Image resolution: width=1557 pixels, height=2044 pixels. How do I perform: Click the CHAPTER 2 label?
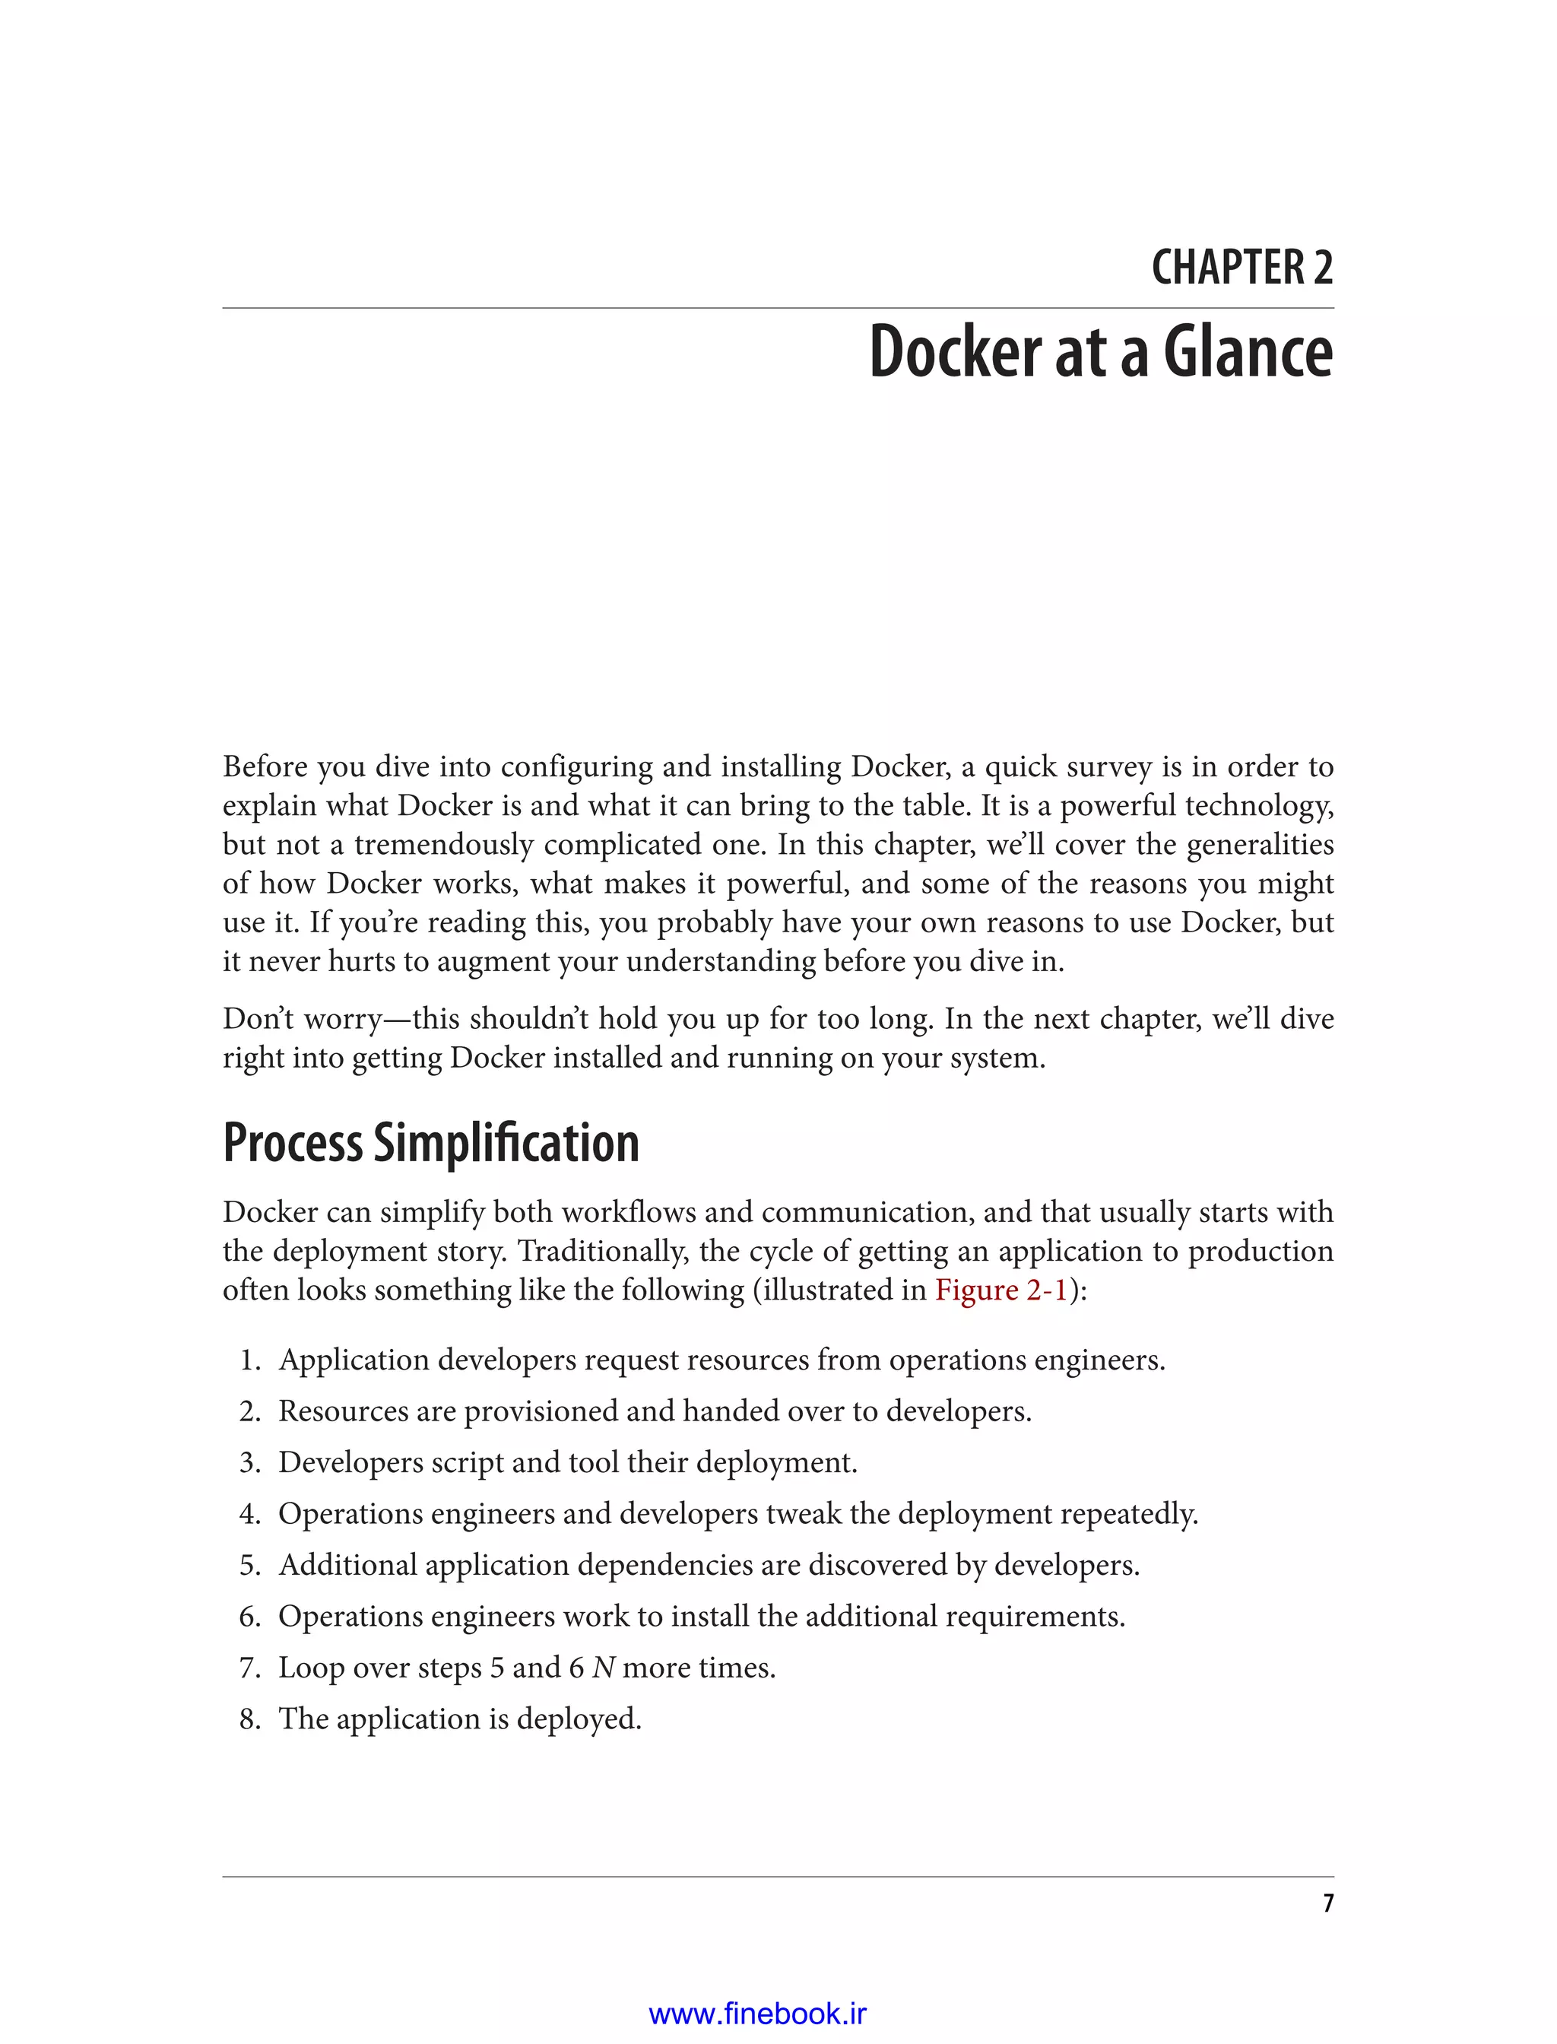pos(1242,268)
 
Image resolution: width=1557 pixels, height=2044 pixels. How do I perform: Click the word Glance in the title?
pos(1248,353)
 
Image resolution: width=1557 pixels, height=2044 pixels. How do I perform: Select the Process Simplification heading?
pos(431,1143)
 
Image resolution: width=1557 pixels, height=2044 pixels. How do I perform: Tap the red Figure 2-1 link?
pos(1001,1290)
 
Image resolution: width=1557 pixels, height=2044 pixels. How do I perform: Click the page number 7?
pos(1328,1903)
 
